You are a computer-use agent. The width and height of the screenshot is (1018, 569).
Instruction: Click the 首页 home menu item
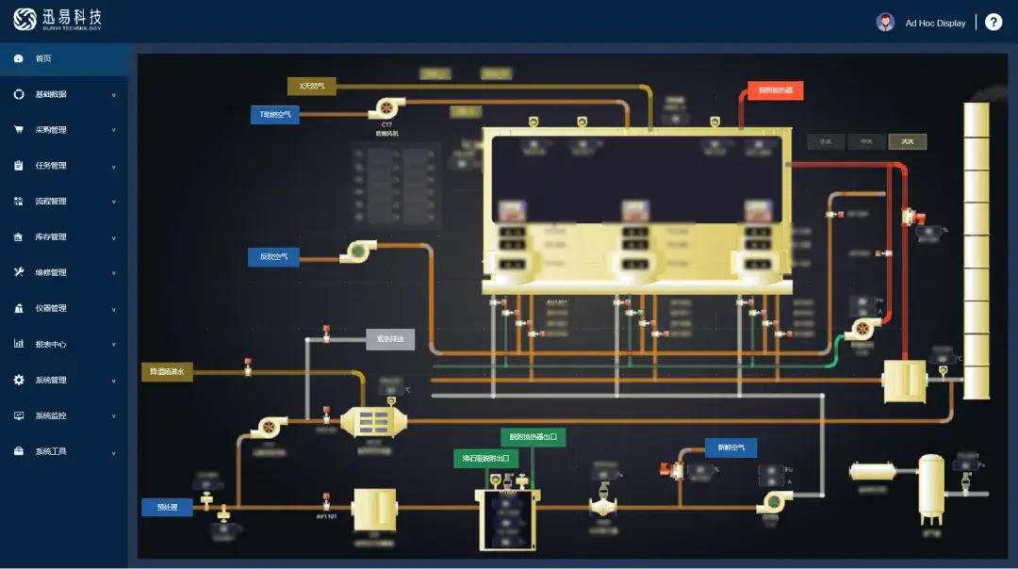[x=43, y=58]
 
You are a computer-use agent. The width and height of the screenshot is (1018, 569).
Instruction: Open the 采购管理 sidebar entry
[x=51, y=130]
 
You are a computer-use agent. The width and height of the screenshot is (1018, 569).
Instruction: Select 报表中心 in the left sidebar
[x=51, y=345]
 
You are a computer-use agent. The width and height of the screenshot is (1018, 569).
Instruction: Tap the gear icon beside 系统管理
[x=19, y=381]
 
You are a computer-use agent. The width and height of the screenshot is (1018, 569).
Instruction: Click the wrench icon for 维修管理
[x=19, y=273]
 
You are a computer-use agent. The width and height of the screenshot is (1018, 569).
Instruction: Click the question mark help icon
[x=993, y=22]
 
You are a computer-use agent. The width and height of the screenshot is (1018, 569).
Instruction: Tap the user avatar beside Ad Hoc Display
[x=885, y=22]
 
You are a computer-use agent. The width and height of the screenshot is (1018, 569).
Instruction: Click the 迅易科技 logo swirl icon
[x=25, y=19]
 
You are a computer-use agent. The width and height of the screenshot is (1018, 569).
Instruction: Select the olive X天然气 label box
[x=311, y=87]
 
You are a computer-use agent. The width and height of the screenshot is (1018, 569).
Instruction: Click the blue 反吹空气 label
[x=273, y=256]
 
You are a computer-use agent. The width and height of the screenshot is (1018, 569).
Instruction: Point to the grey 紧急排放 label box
[x=390, y=339]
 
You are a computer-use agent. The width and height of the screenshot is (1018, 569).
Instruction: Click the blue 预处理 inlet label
[x=167, y=508]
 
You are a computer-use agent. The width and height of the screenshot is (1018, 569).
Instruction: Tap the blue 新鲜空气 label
[x=731, y=448]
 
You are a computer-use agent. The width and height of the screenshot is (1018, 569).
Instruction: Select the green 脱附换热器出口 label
[x=533, y=437]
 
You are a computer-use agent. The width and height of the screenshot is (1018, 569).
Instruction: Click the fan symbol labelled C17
[x=386, y=108]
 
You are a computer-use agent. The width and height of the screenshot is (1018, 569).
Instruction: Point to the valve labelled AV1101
[x=326, y=497]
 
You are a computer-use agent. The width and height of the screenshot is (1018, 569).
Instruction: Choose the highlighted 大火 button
[x=908, y=142]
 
